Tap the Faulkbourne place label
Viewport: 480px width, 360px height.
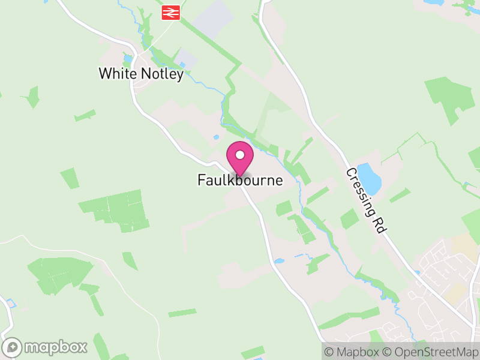(240, 180)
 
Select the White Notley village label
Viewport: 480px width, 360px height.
(141, 74)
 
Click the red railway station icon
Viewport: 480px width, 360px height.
(171, 12)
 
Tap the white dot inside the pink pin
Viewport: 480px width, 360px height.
(240, 155)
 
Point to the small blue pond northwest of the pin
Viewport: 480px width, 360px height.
(216, 137)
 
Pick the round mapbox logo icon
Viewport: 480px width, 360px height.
(13, 347)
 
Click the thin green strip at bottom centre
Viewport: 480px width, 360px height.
(182, 313)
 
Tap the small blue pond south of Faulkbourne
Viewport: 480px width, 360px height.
(278, 261)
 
